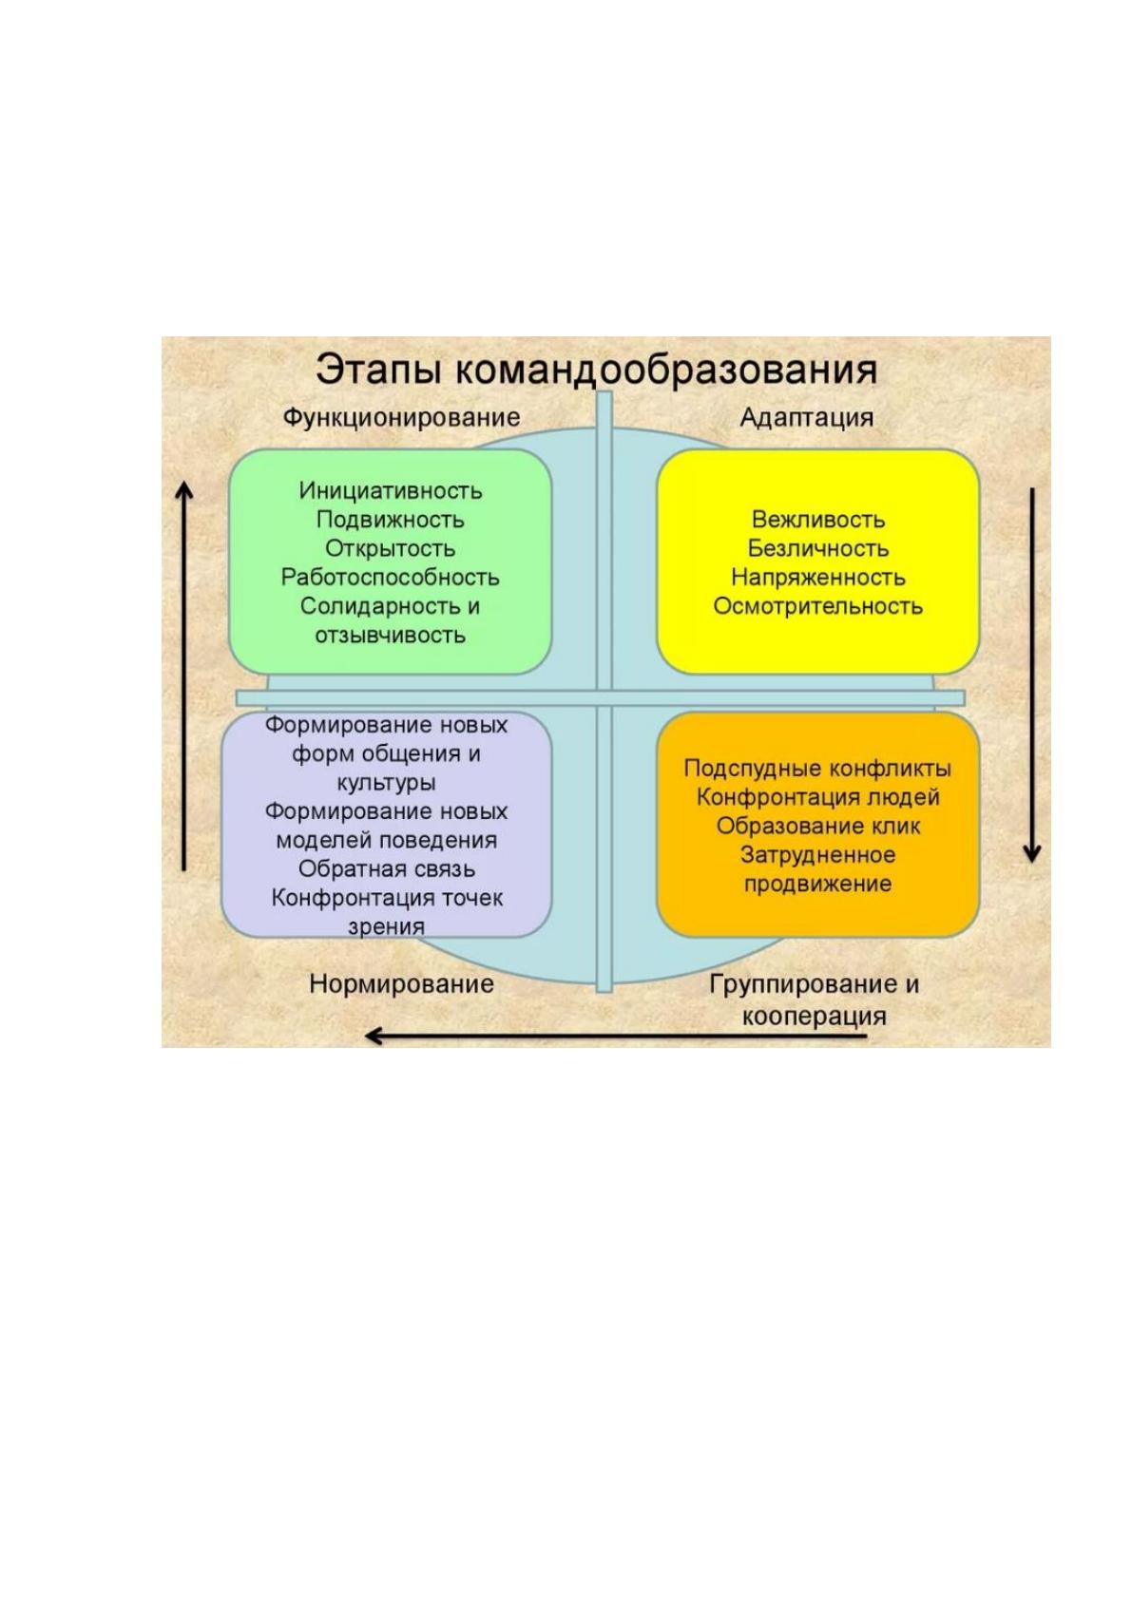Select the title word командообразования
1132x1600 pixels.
click(x=665, y=370)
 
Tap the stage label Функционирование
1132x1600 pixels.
click(x=401, y=417)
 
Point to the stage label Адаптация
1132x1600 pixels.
click(x=806, y=418)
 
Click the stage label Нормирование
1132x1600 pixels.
click(x=401, y=984)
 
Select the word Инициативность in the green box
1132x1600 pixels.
click(x=391, y=490)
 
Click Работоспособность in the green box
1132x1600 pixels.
click(x=391, y=577)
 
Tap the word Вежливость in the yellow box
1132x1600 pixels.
click(x=818, y=520)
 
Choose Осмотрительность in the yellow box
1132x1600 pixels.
click(x=818, y=606)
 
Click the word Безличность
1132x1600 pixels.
click(x=818, y=548)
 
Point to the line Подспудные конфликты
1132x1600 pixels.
click(x=817, y=769)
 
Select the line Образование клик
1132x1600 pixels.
click(x=818, y=827)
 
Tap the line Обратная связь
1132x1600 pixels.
click(x=387, y=869)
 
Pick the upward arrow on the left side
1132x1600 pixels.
click(x=184, y=676)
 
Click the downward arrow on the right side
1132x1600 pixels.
click(x=1032, y=676)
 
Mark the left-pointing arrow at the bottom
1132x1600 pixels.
click(x=616, y=1036)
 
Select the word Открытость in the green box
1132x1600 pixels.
click(x=391, y=548)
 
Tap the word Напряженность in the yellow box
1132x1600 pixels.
click(x=818, y=577)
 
